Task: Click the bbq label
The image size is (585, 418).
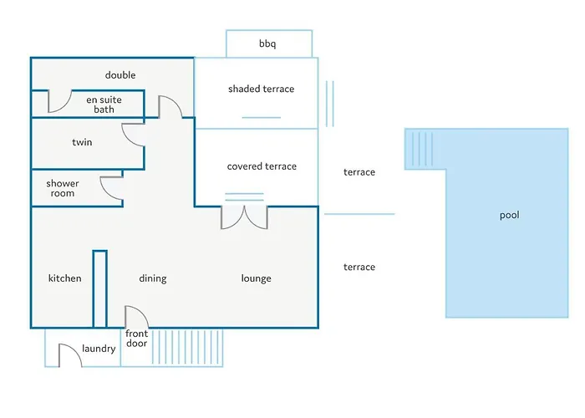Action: (x=268, y=43)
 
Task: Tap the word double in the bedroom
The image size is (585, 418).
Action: (x=120, y=75)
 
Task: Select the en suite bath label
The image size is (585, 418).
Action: (x=104, y=104)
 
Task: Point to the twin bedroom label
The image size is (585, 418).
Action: (x=82, y=142)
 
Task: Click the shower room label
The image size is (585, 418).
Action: (x=63, y=188)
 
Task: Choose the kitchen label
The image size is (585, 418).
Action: (x=65, y=278)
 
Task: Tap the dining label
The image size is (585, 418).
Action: (x=153, y=278)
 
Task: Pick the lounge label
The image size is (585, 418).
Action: (x=256, y=278)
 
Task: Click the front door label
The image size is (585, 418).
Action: (x=136, y=339)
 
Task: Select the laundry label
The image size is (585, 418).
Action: (x=99, y=349)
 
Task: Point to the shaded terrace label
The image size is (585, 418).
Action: (x=261, y=89)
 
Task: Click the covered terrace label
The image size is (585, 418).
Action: (x=262, y=166)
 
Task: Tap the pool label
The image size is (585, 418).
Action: (x=509, y=215)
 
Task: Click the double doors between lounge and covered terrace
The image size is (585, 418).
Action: (x=244, y=217)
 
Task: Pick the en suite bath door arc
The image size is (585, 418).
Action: (x=59, y=102)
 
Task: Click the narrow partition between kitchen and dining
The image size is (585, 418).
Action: (x=99, y=289)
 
